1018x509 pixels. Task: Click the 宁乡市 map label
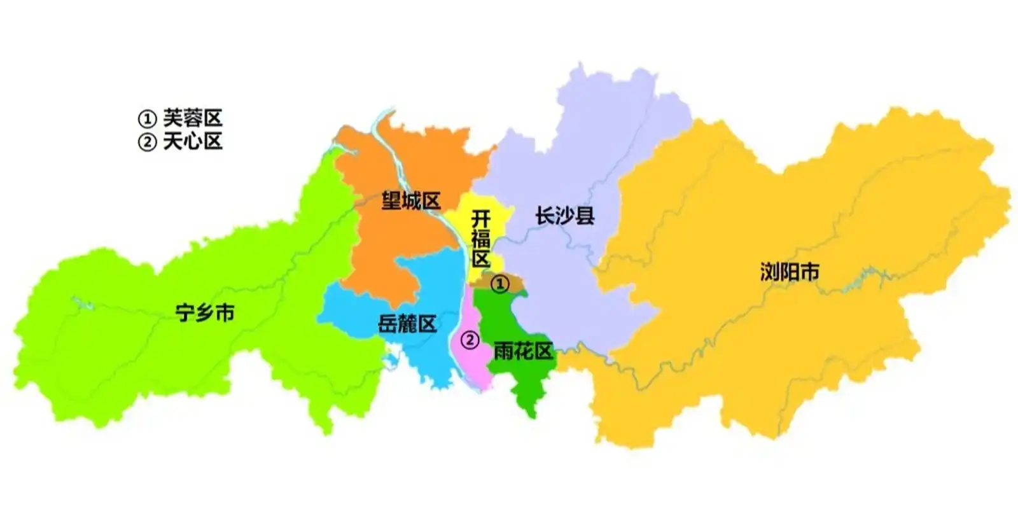205,312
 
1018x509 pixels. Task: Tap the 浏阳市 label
789,272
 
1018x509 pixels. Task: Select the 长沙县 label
564,216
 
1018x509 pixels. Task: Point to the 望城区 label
410,201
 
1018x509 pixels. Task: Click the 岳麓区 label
407,324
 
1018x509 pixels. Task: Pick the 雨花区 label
522,351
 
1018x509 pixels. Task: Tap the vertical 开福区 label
480,239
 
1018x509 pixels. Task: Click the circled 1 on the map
500,284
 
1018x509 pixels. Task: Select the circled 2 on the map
470,340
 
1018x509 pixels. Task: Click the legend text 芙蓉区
192,118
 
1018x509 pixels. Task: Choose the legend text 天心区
192,141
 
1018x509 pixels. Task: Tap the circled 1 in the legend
147,119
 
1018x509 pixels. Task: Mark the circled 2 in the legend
147,142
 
